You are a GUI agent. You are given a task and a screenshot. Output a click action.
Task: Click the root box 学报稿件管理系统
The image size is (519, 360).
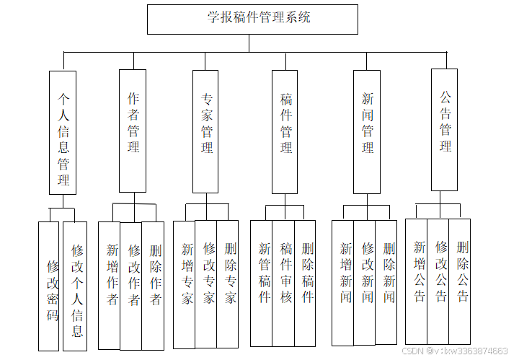point(252,19)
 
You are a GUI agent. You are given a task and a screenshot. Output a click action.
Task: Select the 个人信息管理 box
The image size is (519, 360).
point(63,132)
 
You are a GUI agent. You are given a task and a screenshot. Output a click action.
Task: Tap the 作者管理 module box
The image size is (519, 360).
point(133,131)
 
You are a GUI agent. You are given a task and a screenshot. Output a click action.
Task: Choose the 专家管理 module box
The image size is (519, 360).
point(205,131)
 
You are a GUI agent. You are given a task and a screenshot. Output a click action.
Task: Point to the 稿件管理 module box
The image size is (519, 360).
point(285,131)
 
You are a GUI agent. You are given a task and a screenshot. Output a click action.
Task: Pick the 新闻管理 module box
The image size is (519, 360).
point(367,131)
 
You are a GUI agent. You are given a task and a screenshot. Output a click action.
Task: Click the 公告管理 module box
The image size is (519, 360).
point(444,130)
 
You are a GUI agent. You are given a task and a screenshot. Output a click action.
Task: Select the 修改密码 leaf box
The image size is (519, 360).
point(49,286)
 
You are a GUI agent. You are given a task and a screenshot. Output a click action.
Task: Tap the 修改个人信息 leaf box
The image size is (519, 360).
point(75,286)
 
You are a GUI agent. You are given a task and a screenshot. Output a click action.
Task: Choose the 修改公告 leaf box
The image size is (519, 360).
point(438,281)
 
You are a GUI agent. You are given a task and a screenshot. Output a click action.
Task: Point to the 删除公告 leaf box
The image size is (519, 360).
point(460,281)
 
